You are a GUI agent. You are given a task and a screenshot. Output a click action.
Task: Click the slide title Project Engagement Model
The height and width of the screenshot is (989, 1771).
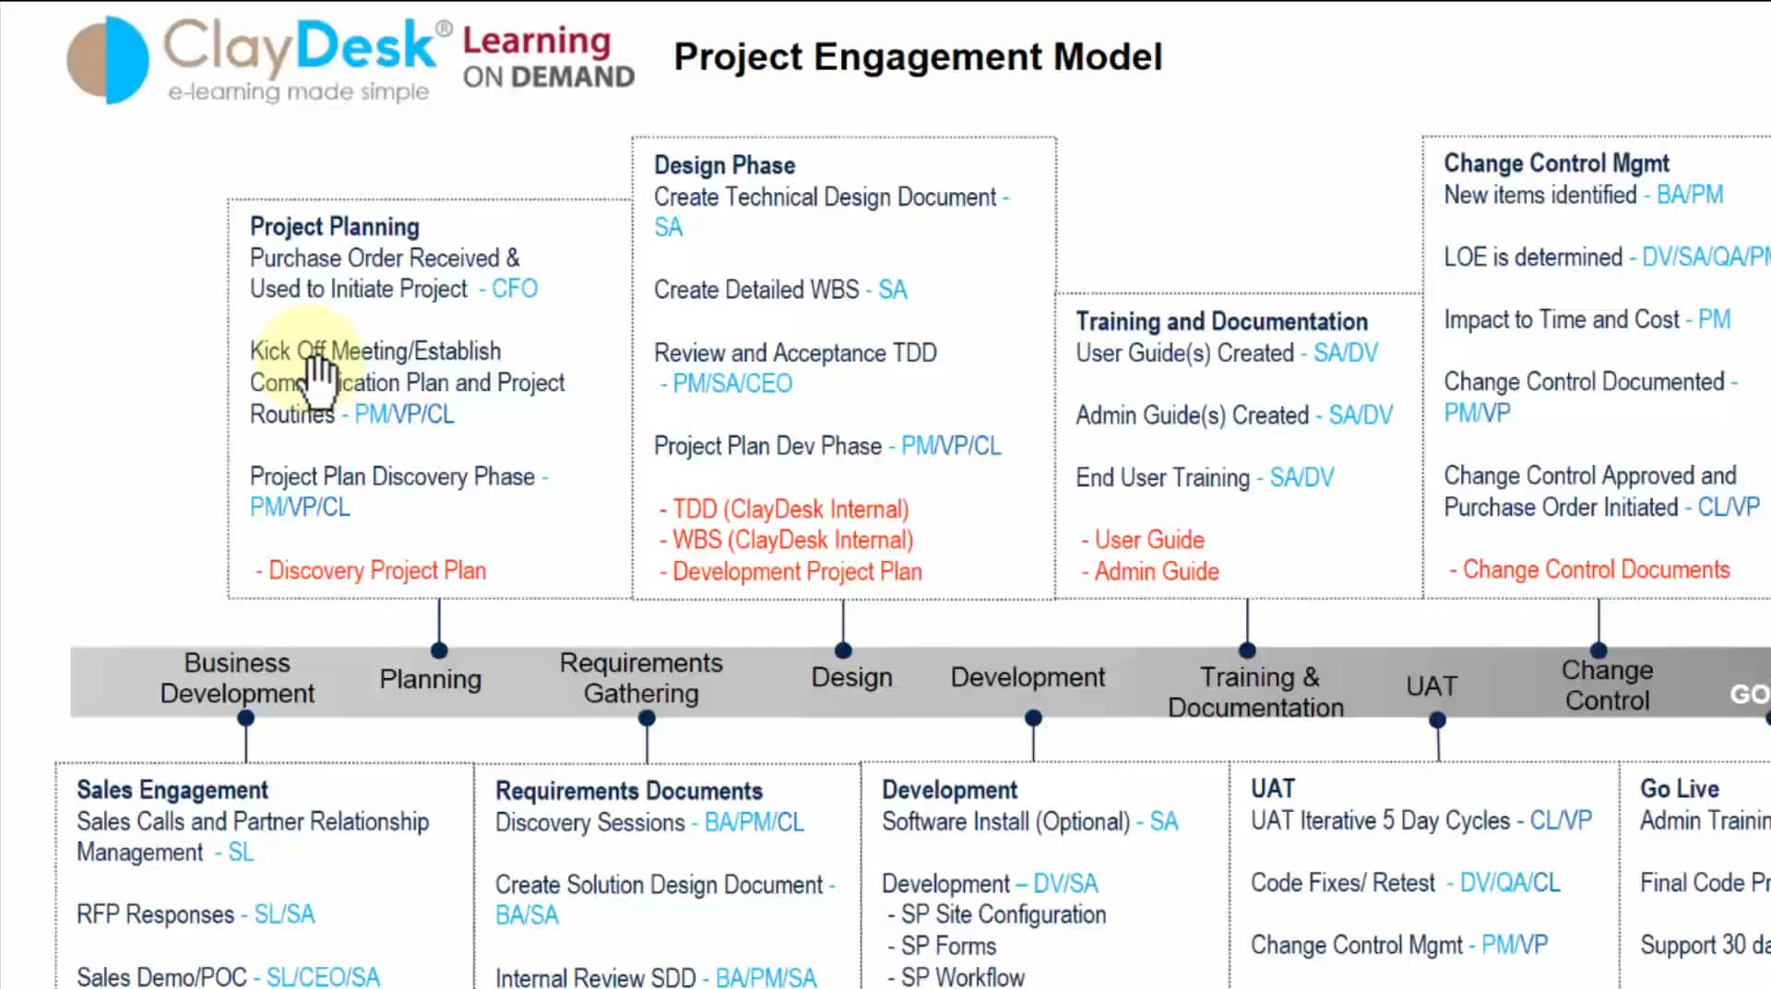917,57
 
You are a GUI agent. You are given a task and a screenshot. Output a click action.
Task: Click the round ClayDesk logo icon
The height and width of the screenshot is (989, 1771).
108,59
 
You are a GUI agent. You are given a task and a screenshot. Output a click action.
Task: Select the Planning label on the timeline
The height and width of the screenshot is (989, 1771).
430,680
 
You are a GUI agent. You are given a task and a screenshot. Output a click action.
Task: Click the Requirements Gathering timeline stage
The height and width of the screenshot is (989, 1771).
641,678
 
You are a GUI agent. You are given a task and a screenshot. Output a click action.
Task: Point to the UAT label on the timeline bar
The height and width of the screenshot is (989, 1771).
1431,686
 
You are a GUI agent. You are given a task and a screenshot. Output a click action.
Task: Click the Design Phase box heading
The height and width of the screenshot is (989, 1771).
724,165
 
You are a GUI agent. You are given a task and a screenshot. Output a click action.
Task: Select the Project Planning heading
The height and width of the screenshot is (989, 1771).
334,227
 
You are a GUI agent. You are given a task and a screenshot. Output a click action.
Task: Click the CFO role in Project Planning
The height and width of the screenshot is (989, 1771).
514,289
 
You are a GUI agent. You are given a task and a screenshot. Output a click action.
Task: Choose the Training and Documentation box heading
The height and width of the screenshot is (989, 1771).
1221,322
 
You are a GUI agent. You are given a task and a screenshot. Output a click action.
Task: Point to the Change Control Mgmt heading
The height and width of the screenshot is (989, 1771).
1556,163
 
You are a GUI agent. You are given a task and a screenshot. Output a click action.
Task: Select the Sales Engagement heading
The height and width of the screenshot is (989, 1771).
172,791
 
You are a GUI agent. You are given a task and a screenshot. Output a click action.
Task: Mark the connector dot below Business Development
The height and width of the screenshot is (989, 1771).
245,719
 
